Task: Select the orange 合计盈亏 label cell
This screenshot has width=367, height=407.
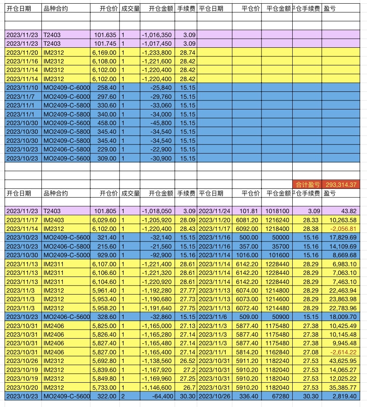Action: coord(307,185)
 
